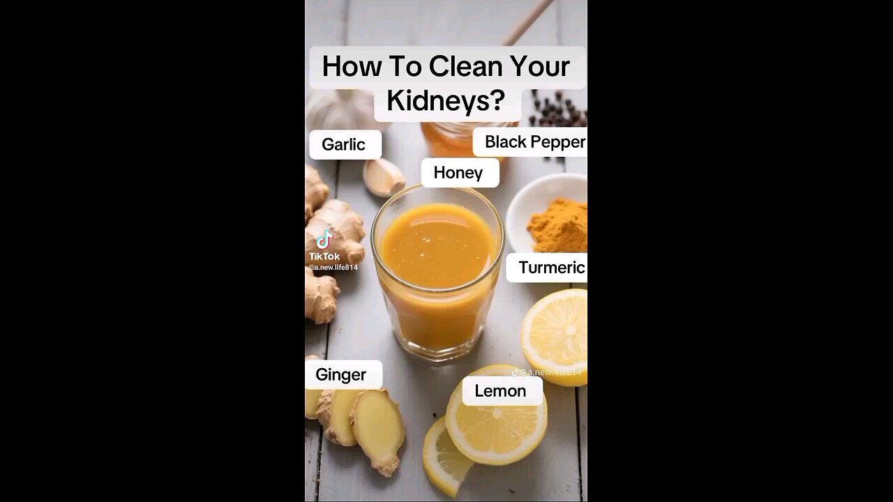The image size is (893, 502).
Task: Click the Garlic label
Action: coord(343,144)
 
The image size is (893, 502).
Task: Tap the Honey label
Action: coord(458,173)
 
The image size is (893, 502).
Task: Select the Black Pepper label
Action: coord(534,142)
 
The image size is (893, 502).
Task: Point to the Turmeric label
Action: coord(551,268)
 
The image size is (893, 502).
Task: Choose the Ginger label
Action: coord(341,374)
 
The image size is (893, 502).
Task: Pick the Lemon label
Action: coord(500,391)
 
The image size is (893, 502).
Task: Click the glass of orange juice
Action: coord(437,279)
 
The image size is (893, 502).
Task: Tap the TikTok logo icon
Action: coord(324,240)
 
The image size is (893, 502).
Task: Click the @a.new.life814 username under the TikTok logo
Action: coord(333,268)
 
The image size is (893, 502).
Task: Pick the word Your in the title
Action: coord(539,67)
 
